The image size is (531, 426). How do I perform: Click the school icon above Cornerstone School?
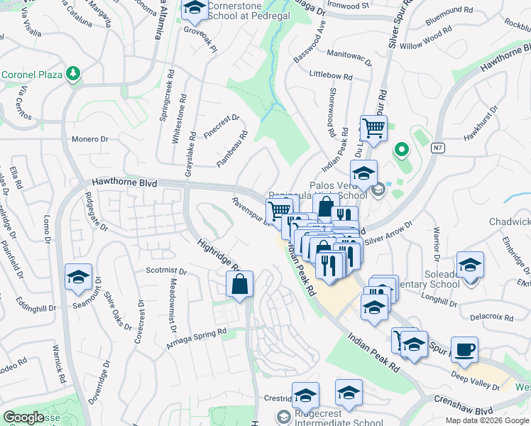(193, 9)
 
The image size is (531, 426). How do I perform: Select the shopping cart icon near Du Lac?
(373, 129)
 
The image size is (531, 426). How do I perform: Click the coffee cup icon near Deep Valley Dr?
(464, 350)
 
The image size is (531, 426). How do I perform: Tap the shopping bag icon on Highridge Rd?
(240, 284)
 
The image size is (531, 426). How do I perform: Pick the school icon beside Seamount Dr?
(78, 278)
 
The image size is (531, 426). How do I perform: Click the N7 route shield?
(439, 148)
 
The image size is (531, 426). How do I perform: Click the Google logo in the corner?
(23, 417)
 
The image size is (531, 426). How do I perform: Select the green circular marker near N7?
(401, 149)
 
